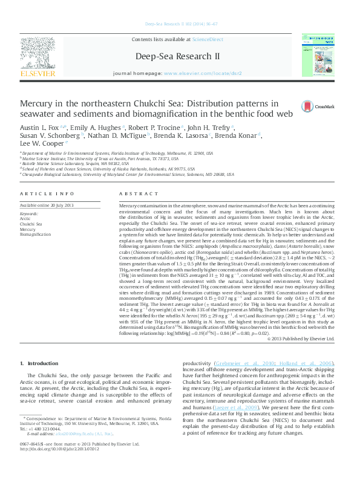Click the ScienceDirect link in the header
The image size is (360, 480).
click(208, 39)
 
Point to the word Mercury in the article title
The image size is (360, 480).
click(39, 104)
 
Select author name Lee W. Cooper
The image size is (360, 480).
click(39, 144)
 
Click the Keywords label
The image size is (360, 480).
click(29, 214)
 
